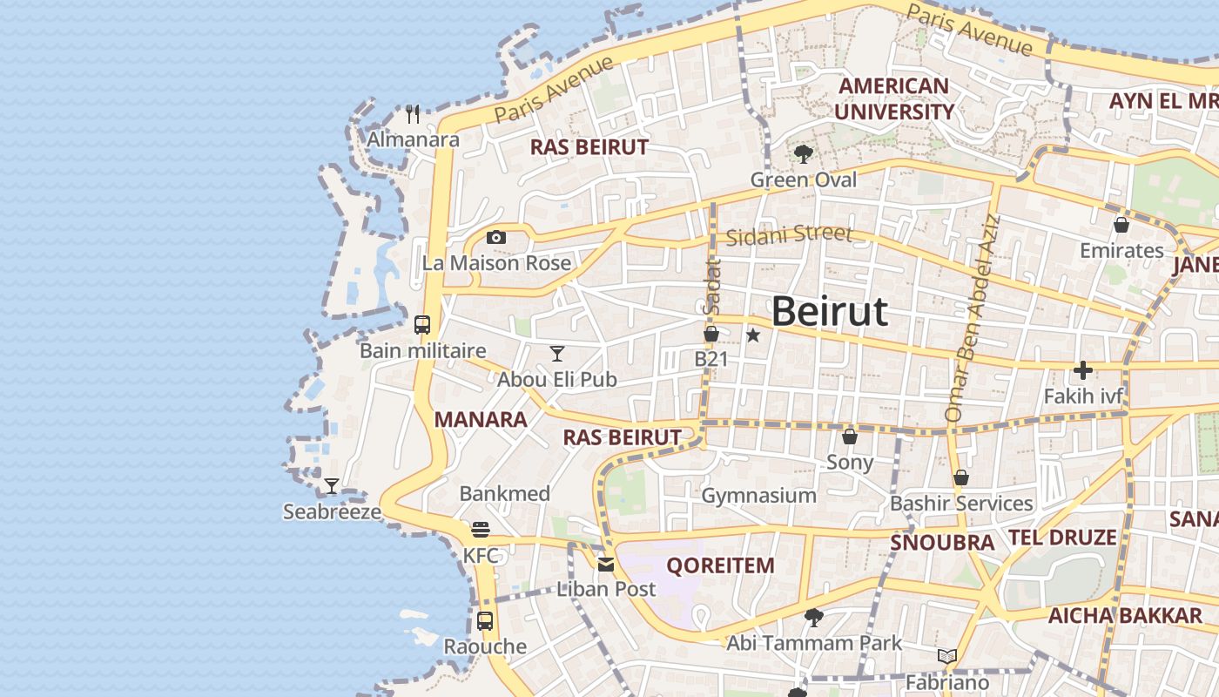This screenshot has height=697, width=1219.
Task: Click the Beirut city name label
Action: coord(829,312)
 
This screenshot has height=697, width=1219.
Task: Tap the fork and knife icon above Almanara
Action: coord(413,113)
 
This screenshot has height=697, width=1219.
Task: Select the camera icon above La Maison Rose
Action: coord(495,237)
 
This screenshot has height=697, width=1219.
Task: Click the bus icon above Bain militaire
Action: coord(422,325)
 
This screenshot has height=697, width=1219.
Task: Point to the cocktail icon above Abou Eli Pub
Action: coord(557,353)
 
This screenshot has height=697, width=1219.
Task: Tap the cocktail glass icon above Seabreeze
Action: coord(331,485)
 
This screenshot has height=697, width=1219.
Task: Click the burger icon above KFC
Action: coord(480,529)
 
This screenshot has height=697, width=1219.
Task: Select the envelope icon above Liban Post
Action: coord(606,564)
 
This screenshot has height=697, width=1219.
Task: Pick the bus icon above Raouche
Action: coord(485,621)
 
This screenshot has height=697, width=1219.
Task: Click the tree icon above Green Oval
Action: coord(803,154)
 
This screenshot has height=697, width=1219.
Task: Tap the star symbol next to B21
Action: coord(753,335)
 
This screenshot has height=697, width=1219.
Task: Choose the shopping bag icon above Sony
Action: coord(849,436)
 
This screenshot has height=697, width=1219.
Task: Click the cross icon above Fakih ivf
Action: coord(1082,370)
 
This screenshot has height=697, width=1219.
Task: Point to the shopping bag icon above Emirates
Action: coord(1121,225)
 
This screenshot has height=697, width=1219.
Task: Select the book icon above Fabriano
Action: coord(946,656)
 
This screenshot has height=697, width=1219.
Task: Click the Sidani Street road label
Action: coord(788,235)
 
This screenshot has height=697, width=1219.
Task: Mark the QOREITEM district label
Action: coord(720,565)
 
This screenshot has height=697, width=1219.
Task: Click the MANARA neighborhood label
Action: coord(481,420)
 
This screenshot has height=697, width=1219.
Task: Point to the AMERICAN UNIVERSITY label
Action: coord(894,98)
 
